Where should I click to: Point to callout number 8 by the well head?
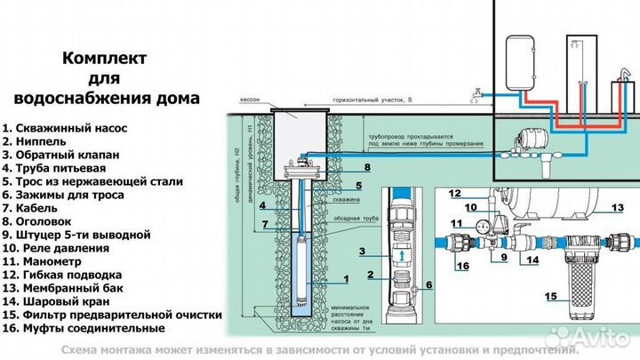(366, 166)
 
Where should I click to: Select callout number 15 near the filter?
(552, 295)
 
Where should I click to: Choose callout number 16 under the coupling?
(463, 265)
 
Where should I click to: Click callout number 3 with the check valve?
(363, 252)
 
